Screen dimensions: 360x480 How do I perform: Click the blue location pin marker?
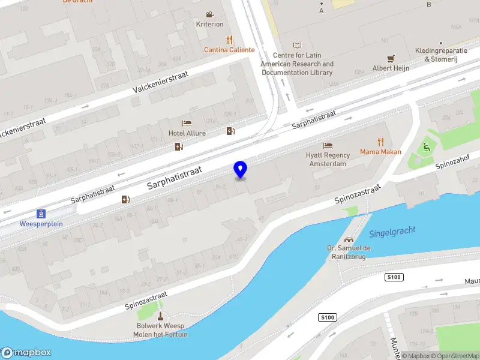coord(240,170)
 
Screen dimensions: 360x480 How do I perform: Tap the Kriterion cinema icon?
coord(209,14)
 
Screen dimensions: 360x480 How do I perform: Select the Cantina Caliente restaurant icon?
coord(229,40)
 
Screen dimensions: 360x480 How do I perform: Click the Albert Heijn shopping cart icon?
coord(391,58)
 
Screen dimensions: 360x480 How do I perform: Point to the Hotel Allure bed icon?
coord(187,123)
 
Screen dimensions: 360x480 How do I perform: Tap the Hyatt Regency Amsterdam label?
coord(328,159)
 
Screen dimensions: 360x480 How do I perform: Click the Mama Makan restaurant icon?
coord(380,142)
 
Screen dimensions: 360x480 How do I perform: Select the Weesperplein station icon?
coord(41,213)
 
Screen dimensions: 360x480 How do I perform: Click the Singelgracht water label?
coord(392,232)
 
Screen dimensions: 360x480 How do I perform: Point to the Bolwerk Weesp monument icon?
coord(160,316)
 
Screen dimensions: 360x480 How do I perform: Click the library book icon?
coord(297,46)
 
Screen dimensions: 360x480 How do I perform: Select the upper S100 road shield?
coord(394,277)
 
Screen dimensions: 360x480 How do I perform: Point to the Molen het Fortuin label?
coord(162,334)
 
